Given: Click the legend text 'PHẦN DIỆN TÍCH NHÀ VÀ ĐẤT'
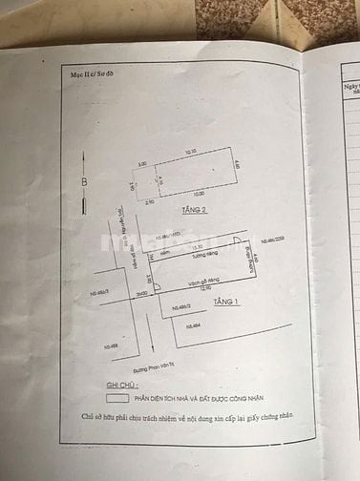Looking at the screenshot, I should point(191,400).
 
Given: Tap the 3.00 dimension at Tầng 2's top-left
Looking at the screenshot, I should point(143,164).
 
